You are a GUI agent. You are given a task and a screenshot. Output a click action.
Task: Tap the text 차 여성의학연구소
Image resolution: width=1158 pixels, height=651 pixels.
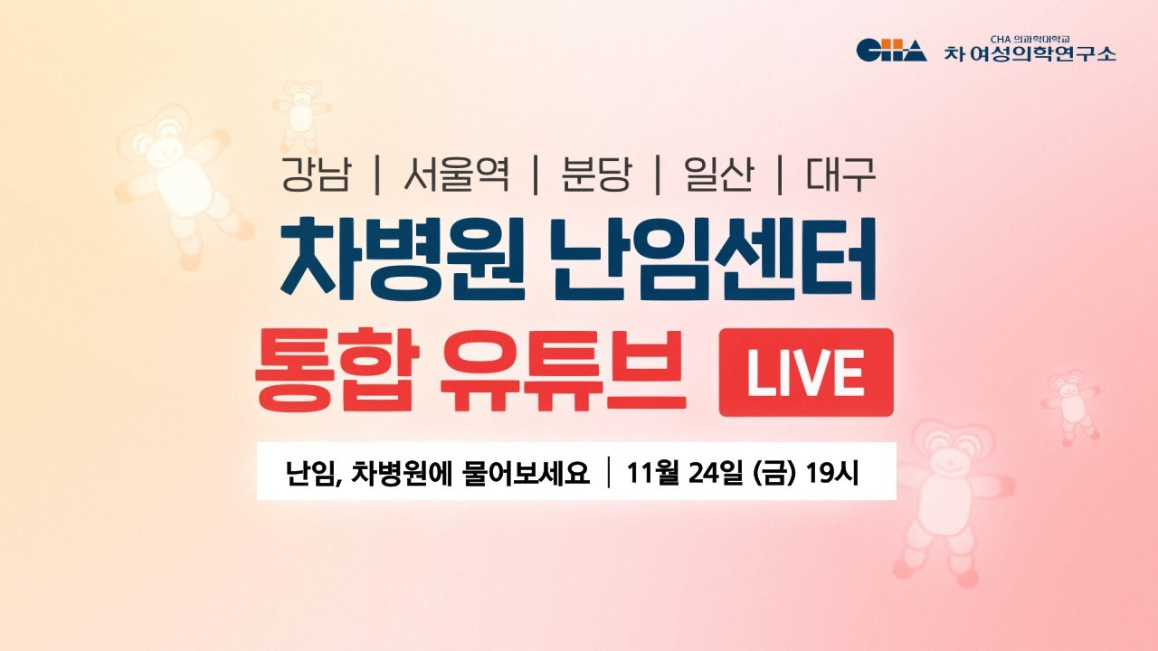[1030, 53]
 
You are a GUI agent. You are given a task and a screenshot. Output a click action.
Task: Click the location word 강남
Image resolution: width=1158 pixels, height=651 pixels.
[317, 175]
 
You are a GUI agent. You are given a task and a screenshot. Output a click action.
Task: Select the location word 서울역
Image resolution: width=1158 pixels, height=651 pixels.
[457, 175]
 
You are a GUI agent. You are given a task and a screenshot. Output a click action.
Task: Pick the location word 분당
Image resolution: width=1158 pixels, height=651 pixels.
[597, 175]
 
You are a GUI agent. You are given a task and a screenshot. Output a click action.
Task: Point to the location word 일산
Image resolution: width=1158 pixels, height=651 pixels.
[719, 175]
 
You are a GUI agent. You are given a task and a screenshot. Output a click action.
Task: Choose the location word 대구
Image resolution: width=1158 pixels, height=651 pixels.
[841, 175]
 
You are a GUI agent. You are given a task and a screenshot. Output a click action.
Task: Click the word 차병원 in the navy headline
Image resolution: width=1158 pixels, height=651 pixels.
[403, 259]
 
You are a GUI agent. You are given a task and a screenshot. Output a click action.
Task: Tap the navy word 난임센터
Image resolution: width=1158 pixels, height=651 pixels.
[714, 259]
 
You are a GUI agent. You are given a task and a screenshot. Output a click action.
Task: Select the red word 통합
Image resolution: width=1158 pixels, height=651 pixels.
[337, 370]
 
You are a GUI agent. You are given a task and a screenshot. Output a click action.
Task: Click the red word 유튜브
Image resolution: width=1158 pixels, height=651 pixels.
[565, 370]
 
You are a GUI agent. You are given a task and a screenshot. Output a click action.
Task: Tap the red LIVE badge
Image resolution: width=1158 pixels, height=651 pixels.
[806, 372]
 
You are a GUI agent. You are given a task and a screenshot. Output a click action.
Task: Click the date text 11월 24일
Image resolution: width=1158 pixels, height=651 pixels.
[687, 472]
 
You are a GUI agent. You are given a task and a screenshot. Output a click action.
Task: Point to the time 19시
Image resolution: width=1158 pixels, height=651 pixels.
[831, 472]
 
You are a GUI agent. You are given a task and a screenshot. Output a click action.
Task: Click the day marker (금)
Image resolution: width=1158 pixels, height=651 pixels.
[775, 472]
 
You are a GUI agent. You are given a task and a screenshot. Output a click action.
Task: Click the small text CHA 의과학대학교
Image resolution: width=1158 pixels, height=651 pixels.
[1030, 39]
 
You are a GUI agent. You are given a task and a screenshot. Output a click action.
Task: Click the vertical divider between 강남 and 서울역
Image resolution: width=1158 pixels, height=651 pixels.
[377, 175]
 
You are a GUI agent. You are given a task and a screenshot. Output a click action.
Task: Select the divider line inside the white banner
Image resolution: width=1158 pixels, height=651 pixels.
[609, 472]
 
